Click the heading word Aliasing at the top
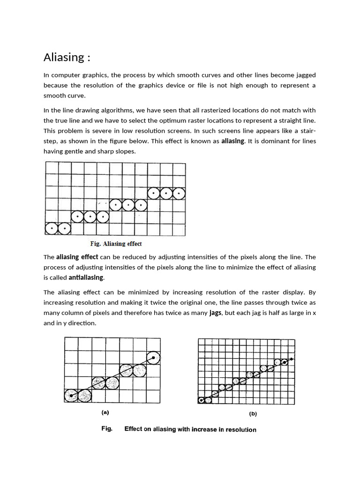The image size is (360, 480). tap(64, 57)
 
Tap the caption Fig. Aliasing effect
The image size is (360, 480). tap(115, 244)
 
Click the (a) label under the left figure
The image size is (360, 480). tap(105, 412)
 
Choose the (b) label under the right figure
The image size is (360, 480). tap(253, 414)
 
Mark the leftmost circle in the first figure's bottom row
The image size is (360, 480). tap(51, 229)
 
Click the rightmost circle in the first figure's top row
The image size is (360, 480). tap(179, 193)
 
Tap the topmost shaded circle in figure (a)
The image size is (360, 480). tap(153, 358)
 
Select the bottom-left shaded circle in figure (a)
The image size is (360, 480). tap(71, 396)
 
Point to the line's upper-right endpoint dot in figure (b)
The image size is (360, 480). tap(292, 359)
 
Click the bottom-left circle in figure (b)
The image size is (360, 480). tap(202, 400)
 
